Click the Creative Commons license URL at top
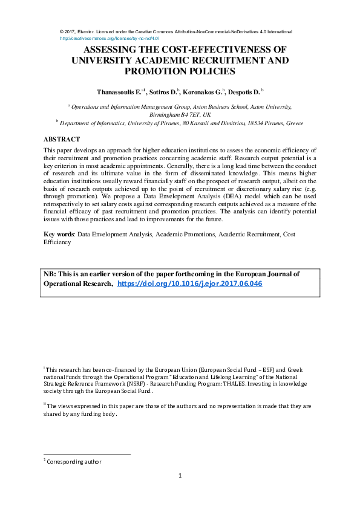coord(110,37)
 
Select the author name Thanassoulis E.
coord(119,92)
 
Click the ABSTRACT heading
coord(62,139)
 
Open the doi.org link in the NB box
coord(189,284)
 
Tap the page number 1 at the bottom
coord(180,476)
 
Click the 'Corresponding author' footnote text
coord(74,461)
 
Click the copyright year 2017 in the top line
coord(73,31)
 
